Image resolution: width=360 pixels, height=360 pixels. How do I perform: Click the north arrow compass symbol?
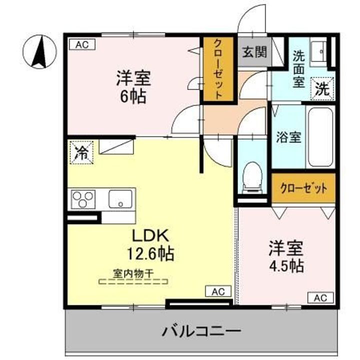coord(39,51)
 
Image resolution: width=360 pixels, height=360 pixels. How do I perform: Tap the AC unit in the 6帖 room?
coord(82,44)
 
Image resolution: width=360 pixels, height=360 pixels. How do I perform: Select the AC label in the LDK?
coord(218,291)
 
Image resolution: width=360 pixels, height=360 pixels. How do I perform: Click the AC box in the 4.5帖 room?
coord(320,298)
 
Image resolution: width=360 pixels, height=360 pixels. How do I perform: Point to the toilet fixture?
coord(252,177)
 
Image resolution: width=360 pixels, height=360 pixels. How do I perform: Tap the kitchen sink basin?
coord(120,199)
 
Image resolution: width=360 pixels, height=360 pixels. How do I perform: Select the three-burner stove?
coord(83,199)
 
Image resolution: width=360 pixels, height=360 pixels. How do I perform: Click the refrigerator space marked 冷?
coord(81,152)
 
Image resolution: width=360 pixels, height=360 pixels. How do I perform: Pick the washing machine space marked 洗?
coord(322,89)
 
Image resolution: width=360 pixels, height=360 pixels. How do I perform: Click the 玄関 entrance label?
coord(255,52)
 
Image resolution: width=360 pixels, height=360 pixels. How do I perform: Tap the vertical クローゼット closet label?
coord(218,69)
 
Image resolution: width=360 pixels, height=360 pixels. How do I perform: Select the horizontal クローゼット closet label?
coord(303,188)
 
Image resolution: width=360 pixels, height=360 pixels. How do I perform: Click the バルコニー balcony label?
coord(201,331)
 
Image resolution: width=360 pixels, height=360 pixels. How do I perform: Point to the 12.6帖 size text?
coord(150,253)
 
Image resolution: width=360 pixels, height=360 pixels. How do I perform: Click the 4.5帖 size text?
coord(286,265)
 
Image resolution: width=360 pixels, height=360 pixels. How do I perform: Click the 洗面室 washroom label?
coord(298,69)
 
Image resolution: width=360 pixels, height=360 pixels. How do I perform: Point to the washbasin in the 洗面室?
coord(318,52)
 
